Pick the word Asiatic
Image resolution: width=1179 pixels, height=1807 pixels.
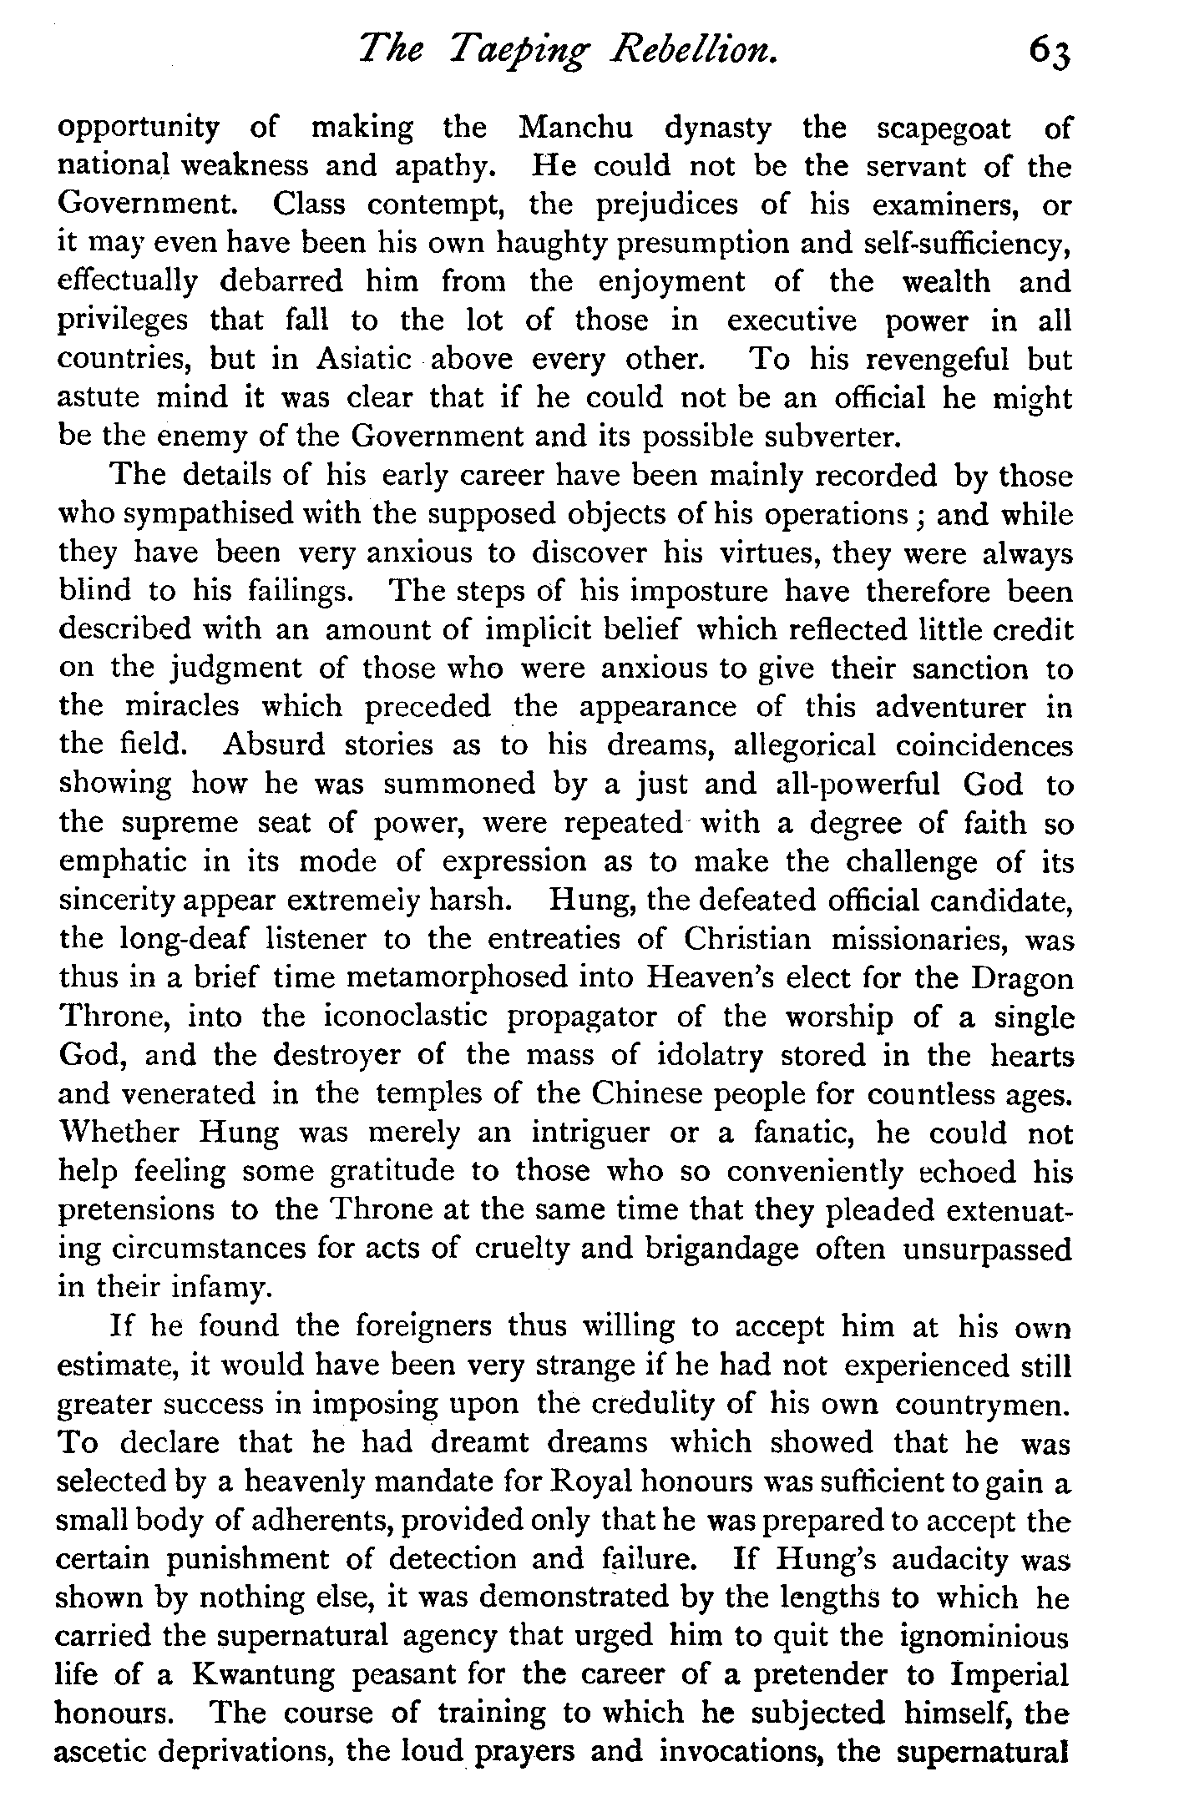(364, 360)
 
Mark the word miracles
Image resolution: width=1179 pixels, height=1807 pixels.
(182, 706)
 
